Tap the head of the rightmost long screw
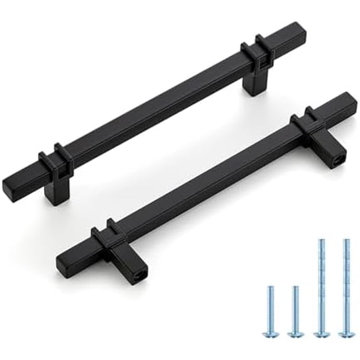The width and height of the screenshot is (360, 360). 344,331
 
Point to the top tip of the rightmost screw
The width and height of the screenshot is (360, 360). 345,241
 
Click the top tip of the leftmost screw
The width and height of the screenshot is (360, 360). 271,288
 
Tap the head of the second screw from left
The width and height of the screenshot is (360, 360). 295,330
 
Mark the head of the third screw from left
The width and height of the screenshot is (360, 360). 320,331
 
